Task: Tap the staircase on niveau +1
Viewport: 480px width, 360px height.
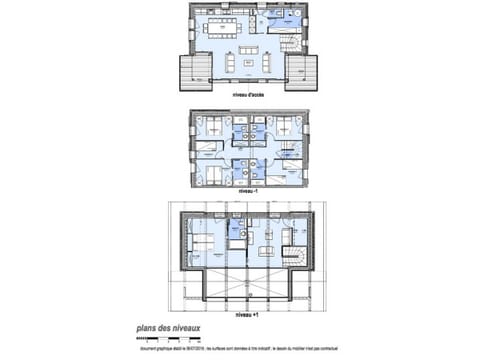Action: pos(296,250)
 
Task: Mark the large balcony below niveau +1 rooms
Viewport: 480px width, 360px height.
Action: pos(245,295)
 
